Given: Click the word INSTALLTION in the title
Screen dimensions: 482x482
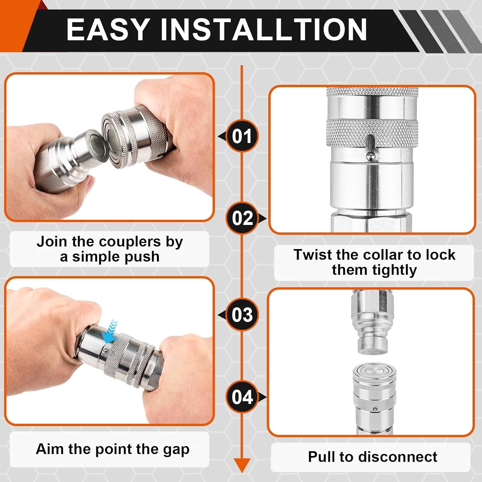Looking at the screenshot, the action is click(x=263, y=29).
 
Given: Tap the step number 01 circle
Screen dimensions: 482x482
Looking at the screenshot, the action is click(x=242, y=136).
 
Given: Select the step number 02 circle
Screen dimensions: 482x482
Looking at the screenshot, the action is click(x=243, y=218).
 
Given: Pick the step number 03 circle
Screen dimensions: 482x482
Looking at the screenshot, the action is click(x=242, y=315).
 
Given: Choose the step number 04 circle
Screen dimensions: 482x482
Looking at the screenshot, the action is click(x=242, y=397).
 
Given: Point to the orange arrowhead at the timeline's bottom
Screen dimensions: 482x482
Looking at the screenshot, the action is click(x=242, y=466).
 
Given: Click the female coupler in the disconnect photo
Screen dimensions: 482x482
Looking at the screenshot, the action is click(x=374, y=400).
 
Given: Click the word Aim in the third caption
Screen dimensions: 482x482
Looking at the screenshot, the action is click(x=48, y=449).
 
